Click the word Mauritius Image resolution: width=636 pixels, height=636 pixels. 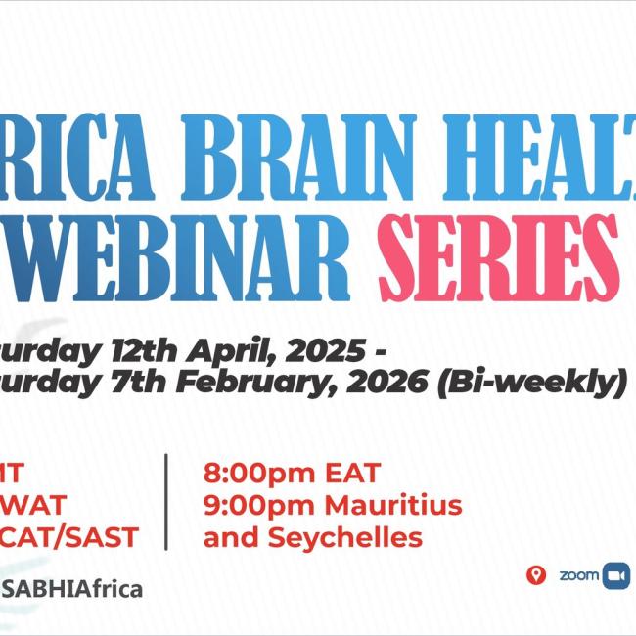tap(391, 507)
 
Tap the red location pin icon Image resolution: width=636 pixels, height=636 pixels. tap(534, 575)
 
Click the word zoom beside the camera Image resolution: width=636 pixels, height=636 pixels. tap(578, 575)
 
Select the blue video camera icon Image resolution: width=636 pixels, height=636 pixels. tap(615, 575)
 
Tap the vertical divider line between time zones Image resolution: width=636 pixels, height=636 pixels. tap(166, 501)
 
